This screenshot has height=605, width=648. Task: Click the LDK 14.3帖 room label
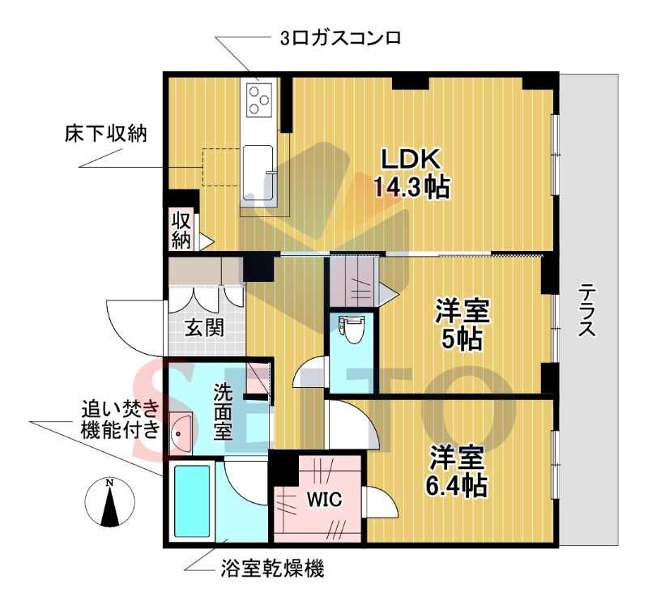pyautogui.click(x=411, y=173)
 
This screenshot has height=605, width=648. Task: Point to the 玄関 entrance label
pyautogui.click(x=204, y=329)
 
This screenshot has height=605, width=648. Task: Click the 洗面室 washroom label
pyautogui.click(x=223, y=411)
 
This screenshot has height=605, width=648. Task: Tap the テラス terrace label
pyautogui.click(x=588, y=312)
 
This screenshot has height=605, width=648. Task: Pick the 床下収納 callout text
pyautogui.click(x=105, y=134)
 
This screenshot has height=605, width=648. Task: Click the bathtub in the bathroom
pyautogui.click(x=192, y=501)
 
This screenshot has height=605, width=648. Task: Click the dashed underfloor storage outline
pyautogui.click(x=221, y=167)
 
